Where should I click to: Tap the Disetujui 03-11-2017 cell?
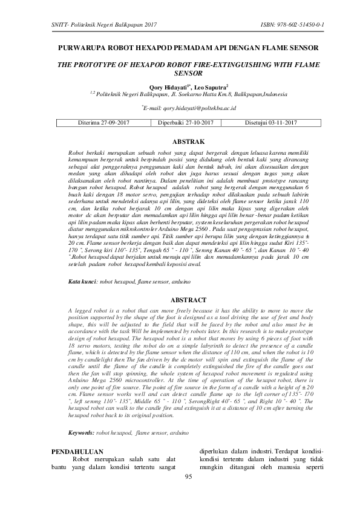[x=270, y=123]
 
